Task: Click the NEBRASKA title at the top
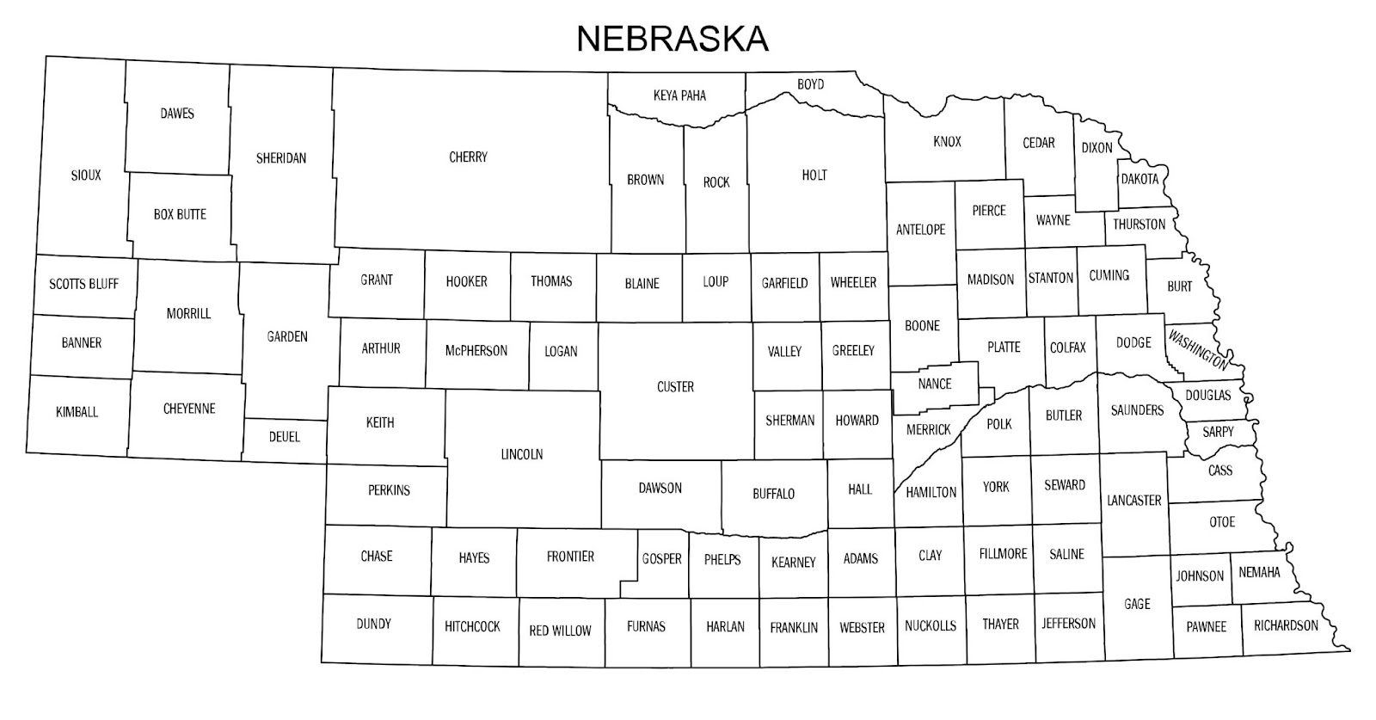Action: tap(672, 38)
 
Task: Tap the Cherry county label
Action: tap(468, 157)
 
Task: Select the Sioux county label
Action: tap(86, 175)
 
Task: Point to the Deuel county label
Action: tap(285, 437)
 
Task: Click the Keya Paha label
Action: tap(679, 95)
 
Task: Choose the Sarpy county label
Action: tap(1218, 432)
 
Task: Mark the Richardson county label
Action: tap(1286, 625)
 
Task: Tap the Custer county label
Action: tap(675, 387)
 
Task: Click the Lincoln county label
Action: tap(522, 454)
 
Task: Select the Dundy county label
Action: tap(373, 624)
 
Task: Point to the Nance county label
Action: tap(935, 384)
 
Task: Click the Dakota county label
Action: tap(1139, 179)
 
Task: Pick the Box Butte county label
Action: tap(180, 214)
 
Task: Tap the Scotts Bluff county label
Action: tap(83, 284)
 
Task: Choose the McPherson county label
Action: tap(476, 351)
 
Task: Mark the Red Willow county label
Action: tap(560, 631)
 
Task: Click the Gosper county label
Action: tap(661, 559)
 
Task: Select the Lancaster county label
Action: tap(1134, 500)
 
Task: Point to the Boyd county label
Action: tap(810, 84)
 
